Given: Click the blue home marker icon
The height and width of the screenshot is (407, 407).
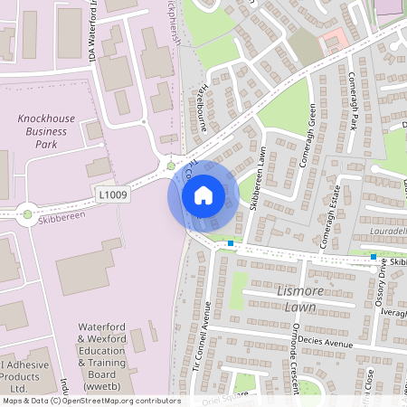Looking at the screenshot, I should point(203,194).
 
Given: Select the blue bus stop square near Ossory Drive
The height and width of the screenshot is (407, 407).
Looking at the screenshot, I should point(373,257).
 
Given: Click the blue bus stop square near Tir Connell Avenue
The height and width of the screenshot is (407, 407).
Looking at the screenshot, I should point(231,243).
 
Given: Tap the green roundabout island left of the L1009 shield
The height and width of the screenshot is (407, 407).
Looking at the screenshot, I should point(28,214).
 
